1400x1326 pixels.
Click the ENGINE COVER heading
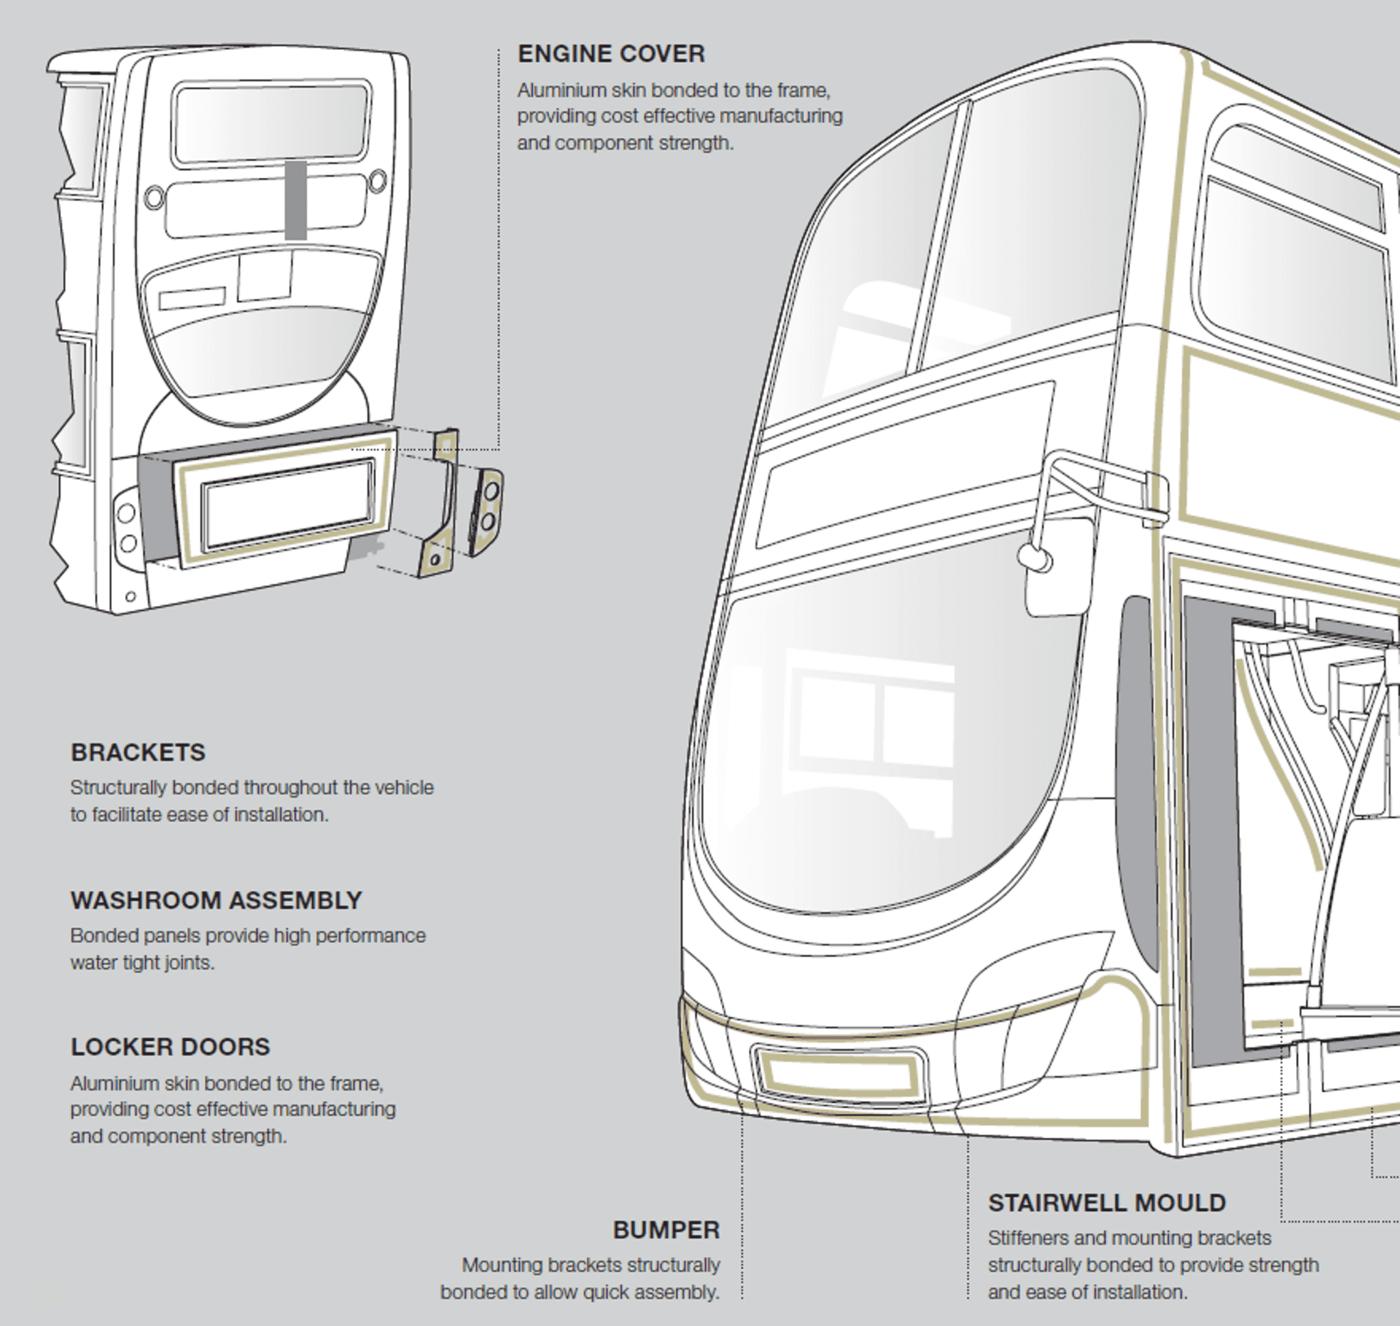pos(610,54)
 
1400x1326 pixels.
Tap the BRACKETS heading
pos(138,752)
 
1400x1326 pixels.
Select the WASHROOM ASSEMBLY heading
pos(215,901)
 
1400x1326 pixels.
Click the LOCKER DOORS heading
pos(170,1047)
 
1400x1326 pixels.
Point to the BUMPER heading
pos(666,1230)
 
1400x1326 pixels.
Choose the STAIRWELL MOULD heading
pos(1107,1203)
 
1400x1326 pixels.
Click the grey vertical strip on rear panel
pos(296,200)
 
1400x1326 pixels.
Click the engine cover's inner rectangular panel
pos(288,505)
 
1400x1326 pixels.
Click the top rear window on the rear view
pos(271,123)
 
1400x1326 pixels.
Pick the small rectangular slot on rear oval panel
pos(191,297)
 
